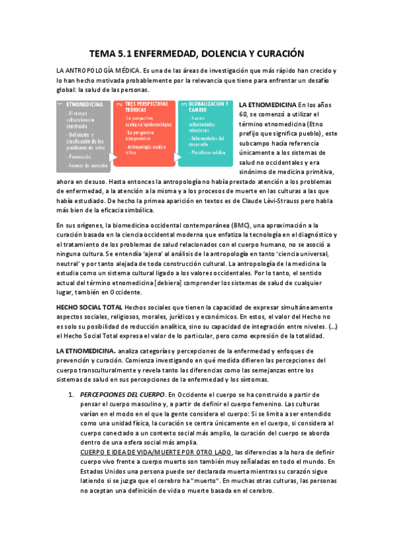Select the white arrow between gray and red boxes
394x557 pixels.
pos(113,158)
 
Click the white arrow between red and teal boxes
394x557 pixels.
pos(178,158)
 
